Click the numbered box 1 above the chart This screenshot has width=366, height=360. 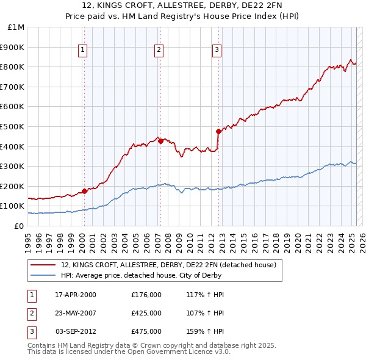click(x=82, y=51)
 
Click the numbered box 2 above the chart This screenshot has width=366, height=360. click(x=158, y=51)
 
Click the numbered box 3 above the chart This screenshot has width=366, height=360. click(x=217, y=51)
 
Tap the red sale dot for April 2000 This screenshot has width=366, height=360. click(x=84, y=191)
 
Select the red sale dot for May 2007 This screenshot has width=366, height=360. click(x=160, y=142)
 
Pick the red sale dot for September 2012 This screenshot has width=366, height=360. click(x=218, y=131)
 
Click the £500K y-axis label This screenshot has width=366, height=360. click(x=13, y=127)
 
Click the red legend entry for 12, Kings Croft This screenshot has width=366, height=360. click(x=169, y=265)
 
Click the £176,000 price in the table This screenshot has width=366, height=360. click(x=146, y=295)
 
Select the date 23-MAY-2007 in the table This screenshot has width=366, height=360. click(x=76, y=313)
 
